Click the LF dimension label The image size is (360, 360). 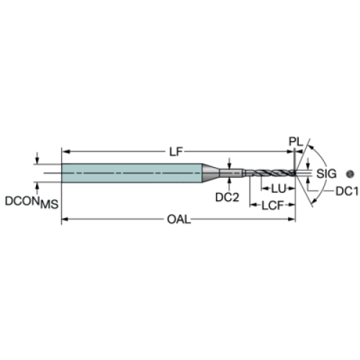click(x=176, y=152)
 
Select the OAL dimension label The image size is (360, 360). click(x=179, y=220)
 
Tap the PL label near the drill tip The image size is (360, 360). click(x=296, y=142)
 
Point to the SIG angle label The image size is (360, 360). click(x=326, y=174)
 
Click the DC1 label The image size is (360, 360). click(x=347, y=192)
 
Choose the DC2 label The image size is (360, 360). click(x=227, y=197)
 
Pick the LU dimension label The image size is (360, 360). click(x=279, y=189)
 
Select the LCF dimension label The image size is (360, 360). click(x=272, y=205)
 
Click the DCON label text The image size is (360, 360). click(x=22, y=201)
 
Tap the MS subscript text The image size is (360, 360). click(x=49, y=204)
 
